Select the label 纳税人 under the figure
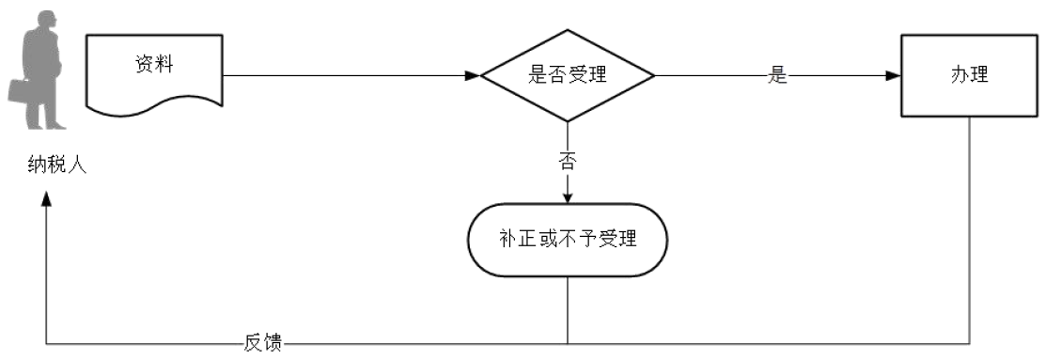click(x=57, y=169)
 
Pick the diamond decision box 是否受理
click(x=567, y=75)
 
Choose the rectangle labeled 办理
click(x=970, y=75)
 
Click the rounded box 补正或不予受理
click(x=568, y=240)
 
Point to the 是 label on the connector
click(x=776, y=76)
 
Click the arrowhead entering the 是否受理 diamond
click(x=473, y=75)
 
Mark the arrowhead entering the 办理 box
click(x=894, y=75)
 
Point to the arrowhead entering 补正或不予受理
click(x=567, y=197)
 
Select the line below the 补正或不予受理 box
click(x=568, y=310)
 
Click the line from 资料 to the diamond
click(x=348, y=75)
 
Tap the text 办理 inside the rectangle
click(x=970, y=75)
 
